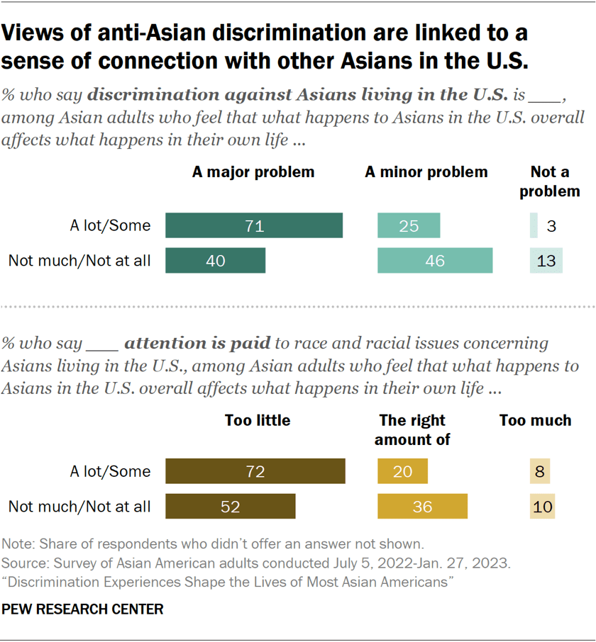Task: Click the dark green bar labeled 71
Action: (254, 226)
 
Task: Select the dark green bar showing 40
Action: (215, 260)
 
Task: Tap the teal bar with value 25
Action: (409, 226)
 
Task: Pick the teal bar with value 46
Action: (435, 260)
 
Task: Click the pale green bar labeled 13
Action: (546, 260)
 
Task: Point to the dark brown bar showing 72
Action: (255, 471)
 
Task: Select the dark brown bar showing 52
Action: (230, 506)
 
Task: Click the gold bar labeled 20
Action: (402, 471)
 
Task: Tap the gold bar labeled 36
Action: (422, 506)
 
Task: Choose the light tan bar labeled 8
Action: (540, 471)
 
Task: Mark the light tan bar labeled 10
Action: (542, 506)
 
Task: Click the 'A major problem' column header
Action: (253, 172)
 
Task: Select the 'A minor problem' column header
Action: (426, 172)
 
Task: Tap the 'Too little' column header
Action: (257, 420)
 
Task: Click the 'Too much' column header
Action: (535, 420)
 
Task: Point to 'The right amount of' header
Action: (412, 430)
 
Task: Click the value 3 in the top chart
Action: (550, 227)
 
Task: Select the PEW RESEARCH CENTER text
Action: (83, 609)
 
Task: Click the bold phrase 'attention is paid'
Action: (197, 344)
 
